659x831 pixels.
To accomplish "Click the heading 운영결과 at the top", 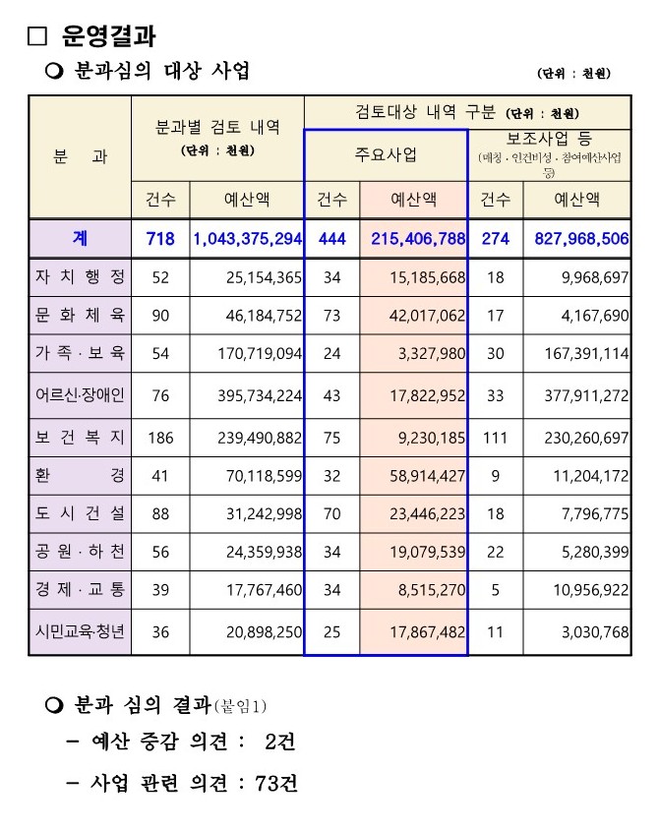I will (107, 36).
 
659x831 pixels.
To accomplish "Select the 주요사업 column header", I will (386, 154).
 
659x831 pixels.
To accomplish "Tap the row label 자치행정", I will (80, 278).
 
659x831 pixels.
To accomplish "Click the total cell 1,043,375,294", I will (247, 238).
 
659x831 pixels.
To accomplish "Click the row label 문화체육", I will (80, 316).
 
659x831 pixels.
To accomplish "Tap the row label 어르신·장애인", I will (80, 395).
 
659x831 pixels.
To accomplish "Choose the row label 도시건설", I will (80, 514).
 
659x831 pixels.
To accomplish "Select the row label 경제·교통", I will (80, 591).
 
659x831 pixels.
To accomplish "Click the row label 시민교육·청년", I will (80, 631).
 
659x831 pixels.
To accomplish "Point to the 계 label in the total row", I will (80, 238).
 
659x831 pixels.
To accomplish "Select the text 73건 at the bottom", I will (275, 783).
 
